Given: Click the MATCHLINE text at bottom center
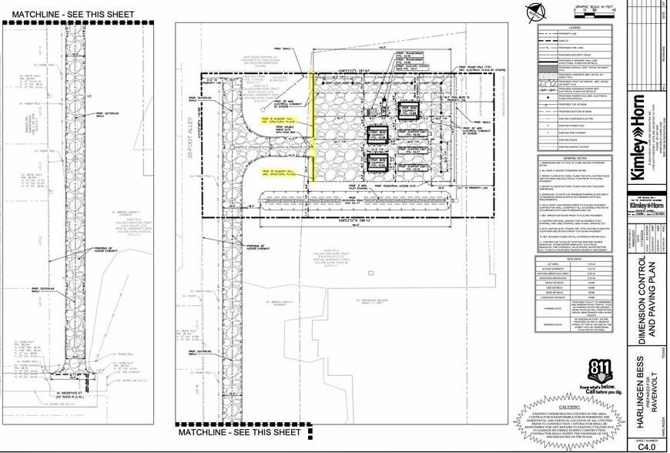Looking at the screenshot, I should pos(240,434).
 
